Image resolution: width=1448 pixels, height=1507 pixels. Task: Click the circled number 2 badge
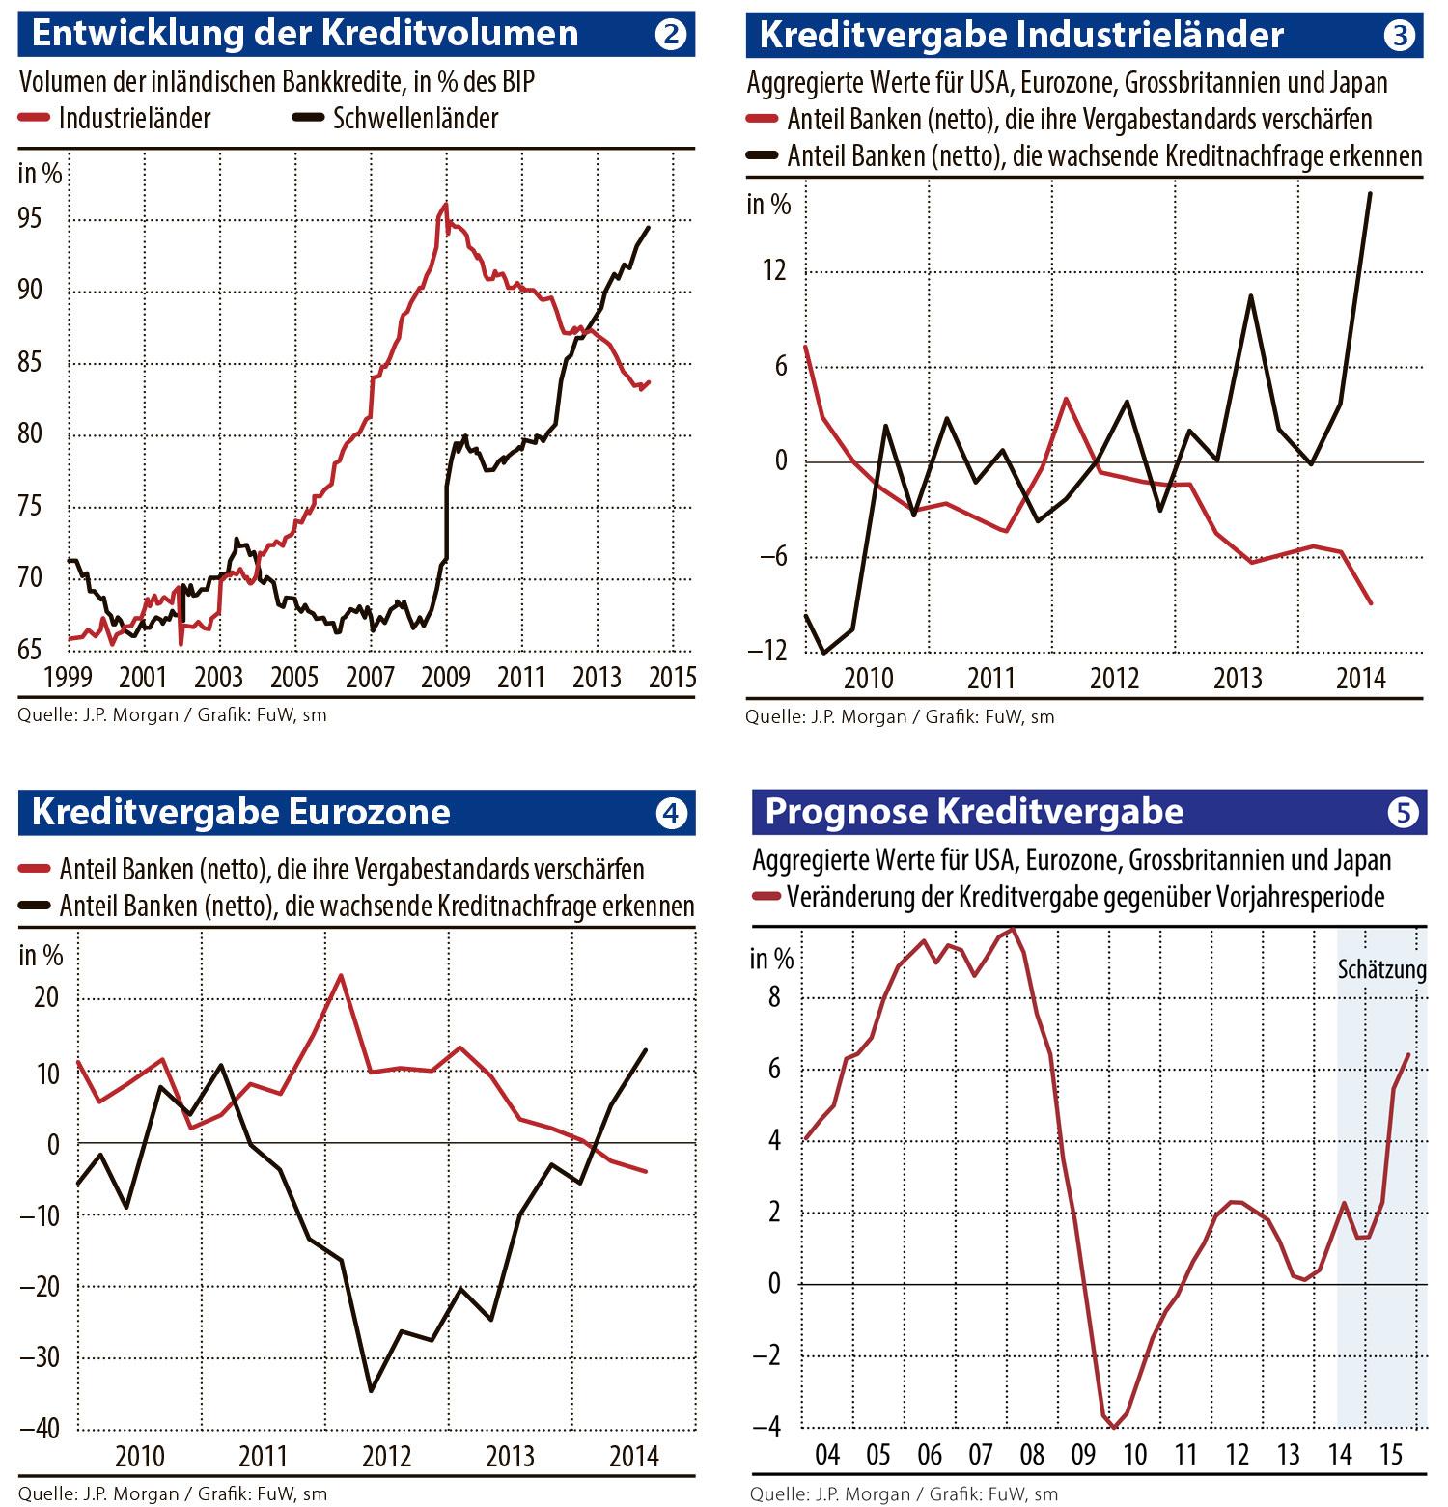click(x=670, y=35)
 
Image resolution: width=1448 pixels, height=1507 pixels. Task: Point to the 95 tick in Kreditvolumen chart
click(x=30, y=219)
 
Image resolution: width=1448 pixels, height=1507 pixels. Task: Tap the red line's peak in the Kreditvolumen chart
click(x=444, y=205)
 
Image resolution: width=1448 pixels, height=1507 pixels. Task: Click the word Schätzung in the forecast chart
click(x=1381, y=969)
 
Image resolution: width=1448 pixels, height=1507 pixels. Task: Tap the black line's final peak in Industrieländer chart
click(x=1371, y=193)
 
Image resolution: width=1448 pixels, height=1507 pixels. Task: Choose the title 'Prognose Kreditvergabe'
click(x=974, y=812)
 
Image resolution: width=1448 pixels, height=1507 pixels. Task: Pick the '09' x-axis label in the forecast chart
click(x=1083, y=1454)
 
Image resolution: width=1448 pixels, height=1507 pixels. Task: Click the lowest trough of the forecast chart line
click(x=1114, y=1427)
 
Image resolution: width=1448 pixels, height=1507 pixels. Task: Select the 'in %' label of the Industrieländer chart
click(x=768, y=205)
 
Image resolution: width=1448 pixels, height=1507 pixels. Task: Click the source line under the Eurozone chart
click(x=173, y=1493)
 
